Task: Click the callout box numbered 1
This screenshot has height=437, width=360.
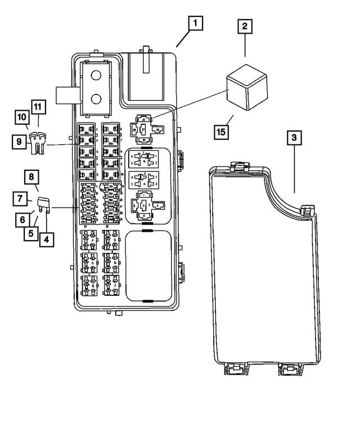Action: point(194,24)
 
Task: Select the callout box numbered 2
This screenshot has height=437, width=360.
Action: point(245,27)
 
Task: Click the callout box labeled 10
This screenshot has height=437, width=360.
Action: point(22,116)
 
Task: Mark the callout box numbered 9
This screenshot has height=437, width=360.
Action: point(19,142)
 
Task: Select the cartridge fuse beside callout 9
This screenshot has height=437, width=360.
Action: point(38,144)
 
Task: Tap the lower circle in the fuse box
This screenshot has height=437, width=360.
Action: point(96,100)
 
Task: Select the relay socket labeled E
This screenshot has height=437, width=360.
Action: point(91,285)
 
